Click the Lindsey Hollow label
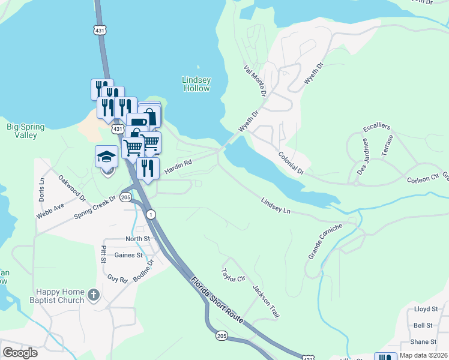coord(196,84)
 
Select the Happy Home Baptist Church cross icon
coord(92,295)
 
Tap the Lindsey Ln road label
coord(276,205)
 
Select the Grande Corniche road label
coord(325,241)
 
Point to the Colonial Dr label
coord(291,163)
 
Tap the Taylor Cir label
coord(234,275)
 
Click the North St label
coord(137,239)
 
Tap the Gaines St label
coord(128,255)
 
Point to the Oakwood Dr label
coord(71,188)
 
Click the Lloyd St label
coord(426,309)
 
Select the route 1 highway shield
coord(151,214)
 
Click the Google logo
coord(20,352)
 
